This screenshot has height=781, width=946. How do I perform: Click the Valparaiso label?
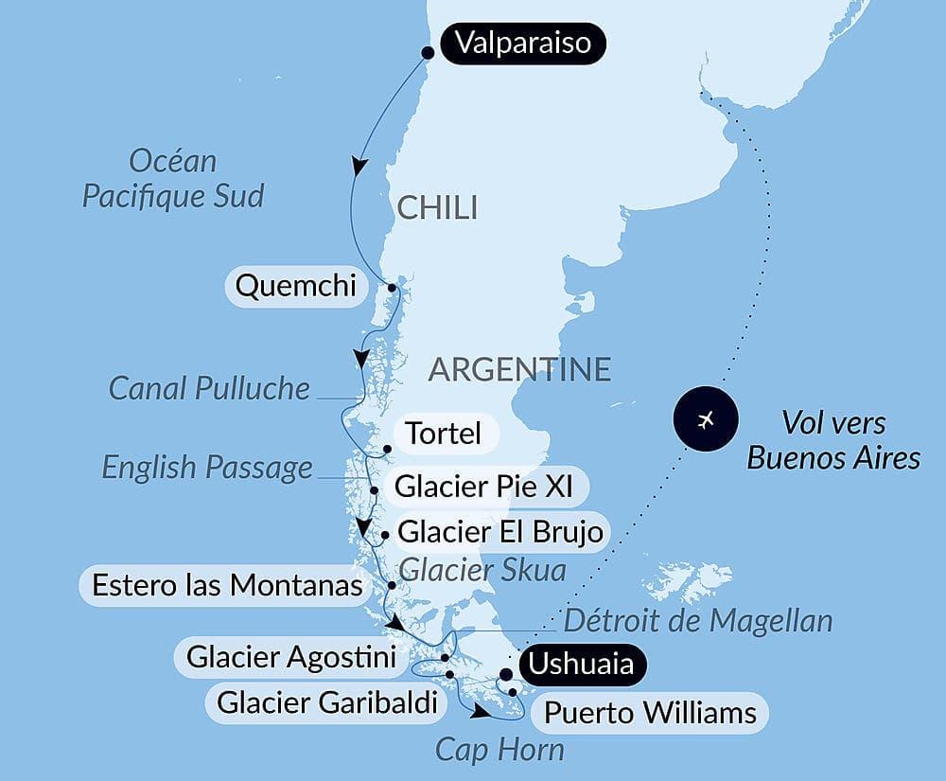click(522, 44)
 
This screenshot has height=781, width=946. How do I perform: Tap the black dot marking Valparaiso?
click(428, 52)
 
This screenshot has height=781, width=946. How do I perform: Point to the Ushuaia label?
click(581, 664)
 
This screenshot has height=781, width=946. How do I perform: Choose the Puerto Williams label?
click(651, 712)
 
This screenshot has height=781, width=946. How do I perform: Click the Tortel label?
click(443, 434)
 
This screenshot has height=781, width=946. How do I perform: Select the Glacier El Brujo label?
click(500, 532)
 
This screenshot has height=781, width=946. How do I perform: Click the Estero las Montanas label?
click(227, 585)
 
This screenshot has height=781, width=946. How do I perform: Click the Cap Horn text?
click(499, 750)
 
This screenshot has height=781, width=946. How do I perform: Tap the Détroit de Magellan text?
click(698, 621)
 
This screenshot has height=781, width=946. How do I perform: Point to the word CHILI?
click(437, 208)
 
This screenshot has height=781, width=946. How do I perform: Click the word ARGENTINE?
click(519, 369)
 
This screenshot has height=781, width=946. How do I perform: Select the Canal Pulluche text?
click(209, 387)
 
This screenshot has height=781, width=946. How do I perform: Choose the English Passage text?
click(207, 467)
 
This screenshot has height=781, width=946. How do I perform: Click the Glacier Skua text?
click(482, 570)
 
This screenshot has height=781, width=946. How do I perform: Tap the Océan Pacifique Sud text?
click(173, 179)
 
